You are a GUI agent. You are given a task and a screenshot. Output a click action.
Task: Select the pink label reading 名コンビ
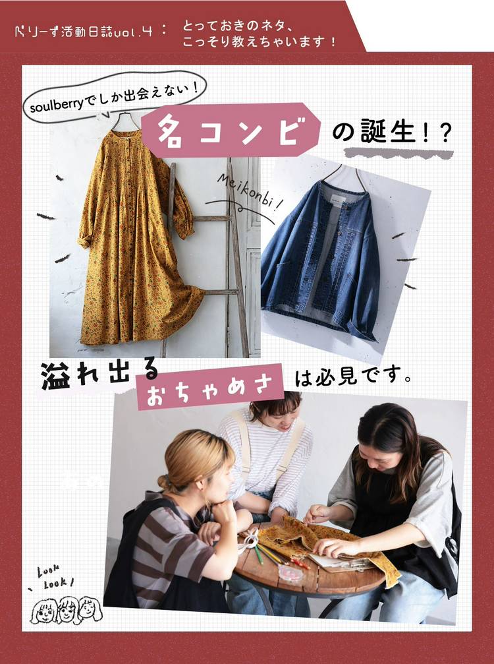click(231, 130)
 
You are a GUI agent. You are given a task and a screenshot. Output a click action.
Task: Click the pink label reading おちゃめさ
click(210, 386)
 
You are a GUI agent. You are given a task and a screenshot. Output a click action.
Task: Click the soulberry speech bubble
click(114, 98)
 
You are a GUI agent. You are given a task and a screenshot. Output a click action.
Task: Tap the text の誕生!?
click(391, 132)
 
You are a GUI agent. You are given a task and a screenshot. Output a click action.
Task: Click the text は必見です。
click(353, 377)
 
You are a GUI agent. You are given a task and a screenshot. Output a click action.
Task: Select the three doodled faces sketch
click(66, 610)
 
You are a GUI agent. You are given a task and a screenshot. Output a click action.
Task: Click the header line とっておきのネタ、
click(238, 26)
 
